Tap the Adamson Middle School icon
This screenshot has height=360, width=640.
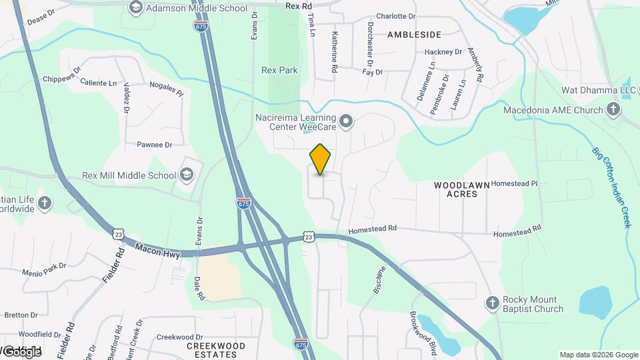[136, 8]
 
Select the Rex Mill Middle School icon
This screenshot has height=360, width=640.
[187, 175]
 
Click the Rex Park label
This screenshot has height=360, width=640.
[279, 70]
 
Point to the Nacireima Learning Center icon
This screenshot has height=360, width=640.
[345, 121]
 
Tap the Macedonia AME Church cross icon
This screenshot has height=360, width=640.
[613, 109]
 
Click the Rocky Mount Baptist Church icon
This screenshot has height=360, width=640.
[492, 303]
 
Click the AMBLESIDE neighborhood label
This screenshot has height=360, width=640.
[413, 34]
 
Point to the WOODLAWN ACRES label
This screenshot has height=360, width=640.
[461, 189]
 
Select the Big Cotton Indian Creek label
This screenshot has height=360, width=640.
[611, 187]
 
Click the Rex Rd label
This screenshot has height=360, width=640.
[299, 6]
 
